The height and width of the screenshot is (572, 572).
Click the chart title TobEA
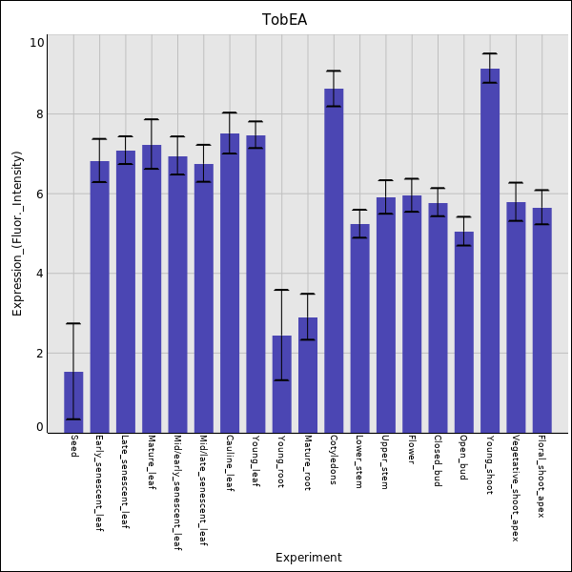(x=285, y=19)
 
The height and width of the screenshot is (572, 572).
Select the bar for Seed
(x=73, y=402)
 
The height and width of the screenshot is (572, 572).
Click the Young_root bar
(x=282, y=384)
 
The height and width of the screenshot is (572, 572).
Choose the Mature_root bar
(x=308, y=376)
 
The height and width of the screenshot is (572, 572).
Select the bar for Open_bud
(x=463, y=333)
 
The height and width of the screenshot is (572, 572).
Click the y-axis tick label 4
(x=40, y=274)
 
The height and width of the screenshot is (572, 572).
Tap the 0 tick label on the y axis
(x=40, y=427)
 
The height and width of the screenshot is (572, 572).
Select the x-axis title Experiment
(x=308, y=558)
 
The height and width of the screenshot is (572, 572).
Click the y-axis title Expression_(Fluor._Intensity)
(x=17, y=234)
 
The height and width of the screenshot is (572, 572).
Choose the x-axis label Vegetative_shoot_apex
(x=516, y=488)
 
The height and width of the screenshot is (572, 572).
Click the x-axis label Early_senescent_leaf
(x=100, y=484)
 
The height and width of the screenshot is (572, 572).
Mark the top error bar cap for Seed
(x=73, y=324)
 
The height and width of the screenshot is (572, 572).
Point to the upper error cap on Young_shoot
(x=490, y=53)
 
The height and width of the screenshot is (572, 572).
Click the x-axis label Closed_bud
(x=438, y=461)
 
